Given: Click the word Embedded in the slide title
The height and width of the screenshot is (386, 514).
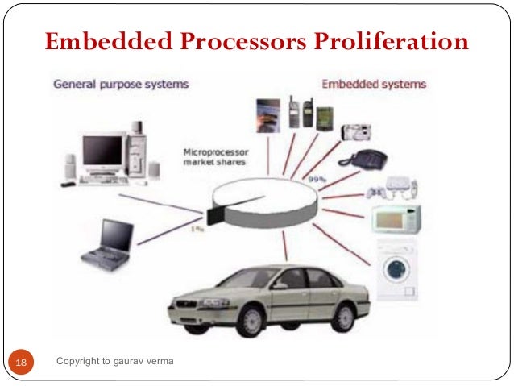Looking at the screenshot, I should (95, 41).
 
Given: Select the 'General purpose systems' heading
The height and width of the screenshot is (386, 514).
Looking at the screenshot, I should (121, 84).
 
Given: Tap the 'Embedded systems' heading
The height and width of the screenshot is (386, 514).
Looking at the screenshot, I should (374, 84).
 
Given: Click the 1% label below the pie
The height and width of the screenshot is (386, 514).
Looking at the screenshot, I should (196, 228).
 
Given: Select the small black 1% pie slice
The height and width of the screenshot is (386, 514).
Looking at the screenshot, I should (215, 213).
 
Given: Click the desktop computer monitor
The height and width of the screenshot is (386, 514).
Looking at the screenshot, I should (102, 150).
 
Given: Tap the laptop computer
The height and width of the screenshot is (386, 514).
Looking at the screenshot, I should (110, 242).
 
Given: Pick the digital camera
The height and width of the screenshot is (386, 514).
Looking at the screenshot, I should (355, 131).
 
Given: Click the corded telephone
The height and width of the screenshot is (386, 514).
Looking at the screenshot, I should (362, 159).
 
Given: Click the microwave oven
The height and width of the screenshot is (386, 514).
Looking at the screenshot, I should (395, 219).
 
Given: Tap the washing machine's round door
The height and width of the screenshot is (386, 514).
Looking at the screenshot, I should (396, 269).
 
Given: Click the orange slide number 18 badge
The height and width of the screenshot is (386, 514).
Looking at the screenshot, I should (21, 363).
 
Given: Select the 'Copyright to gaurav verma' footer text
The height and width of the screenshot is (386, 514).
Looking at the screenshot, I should (114, 362).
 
